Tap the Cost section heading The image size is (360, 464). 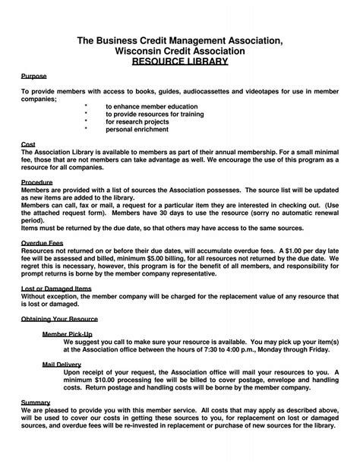click(28, 143)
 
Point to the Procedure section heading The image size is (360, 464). click(36, 183)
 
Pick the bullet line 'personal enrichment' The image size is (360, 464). click(137, 129)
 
